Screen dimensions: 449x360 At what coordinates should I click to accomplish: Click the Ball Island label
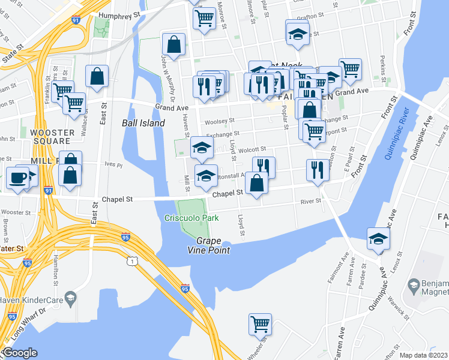pyautogui.click(x=143, y=123)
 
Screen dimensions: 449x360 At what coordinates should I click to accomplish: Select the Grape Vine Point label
pyautogui.click(x=213, y=246)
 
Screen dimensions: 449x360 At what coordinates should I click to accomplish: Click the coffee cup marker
pyautogui.click(x=17, y=178)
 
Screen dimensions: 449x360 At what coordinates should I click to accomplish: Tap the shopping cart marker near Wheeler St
pyautogui.click(x=260, y=324)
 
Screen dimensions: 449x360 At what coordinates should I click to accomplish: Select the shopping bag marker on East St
pyautogui.click(x=97, y=77)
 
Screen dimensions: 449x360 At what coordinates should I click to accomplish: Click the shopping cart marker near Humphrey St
pyautogui.click(x=205, y=18)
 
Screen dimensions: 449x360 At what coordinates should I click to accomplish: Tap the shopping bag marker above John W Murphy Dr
pyautogui.click(x=173, y=44)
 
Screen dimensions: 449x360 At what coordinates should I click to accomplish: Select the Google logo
pyautogui.click(x=20, y=353)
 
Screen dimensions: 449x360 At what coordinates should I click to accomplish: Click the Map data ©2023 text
pyautogui.click(x=424, y=355)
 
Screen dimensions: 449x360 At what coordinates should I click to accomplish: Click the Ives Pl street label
pyautogui.click(x=113, y=164)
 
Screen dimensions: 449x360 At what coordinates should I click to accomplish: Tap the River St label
pyautogui.click(x=310, y=202)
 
